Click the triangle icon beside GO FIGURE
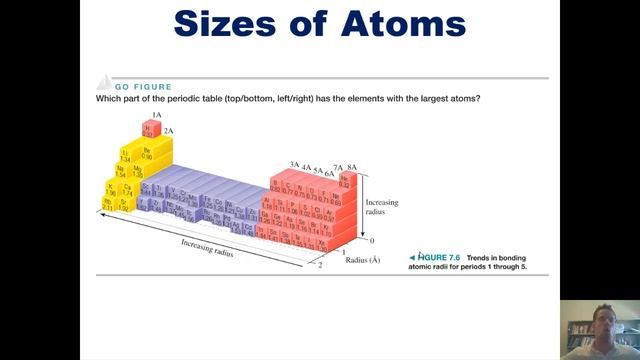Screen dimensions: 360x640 click(102, 85)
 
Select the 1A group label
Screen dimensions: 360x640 click(156, 115)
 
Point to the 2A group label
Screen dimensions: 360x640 click(169, 131)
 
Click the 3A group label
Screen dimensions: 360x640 click(294, 164)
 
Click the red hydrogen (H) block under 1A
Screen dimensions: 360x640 click(148, 129)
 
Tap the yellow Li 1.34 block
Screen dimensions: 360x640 click(125, 155)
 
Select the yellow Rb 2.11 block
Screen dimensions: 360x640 click(108, 204)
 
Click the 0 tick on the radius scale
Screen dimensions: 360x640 click(371, 241)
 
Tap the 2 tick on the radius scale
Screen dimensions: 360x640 click(320, 266)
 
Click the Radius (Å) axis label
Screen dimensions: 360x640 click(362, 260)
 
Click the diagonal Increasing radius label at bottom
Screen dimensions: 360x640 click(207, 247)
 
